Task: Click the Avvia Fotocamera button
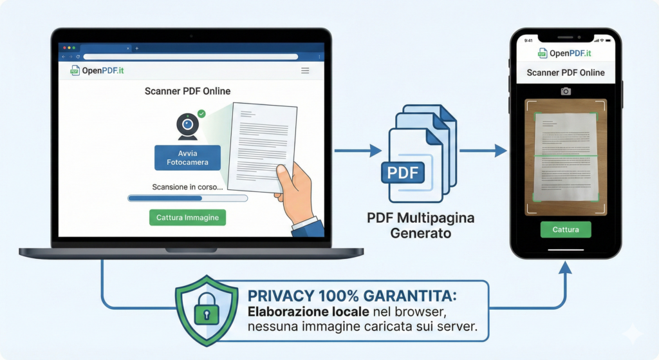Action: click(x=187, y=158)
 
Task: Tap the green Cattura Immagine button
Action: click(x=187, y=218)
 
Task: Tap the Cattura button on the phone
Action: click(x=565, y=229)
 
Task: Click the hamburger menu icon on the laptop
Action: click(x=305, y=70)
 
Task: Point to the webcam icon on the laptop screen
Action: click(x=187, y=126)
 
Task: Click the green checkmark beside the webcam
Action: click(x=201, y=113)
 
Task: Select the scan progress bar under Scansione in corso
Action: click(x=187, y=198)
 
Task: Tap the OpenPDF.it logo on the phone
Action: click(x=565, y=53)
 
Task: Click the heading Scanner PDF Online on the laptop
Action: click(x=187, y=91)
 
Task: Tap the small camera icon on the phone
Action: click(x=566, y=91)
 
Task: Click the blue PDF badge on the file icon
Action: click(x=402, y=173)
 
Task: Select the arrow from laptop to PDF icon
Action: click(x=358, y=151)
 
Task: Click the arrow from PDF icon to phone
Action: click(x=483, y=151)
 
